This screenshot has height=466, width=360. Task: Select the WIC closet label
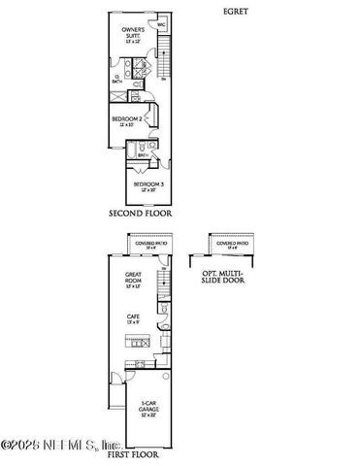pos(160,26)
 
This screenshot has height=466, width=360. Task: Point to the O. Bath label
pos(117,80)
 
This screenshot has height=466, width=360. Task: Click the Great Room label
pos(133,283)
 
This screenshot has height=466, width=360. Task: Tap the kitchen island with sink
pos(137,343)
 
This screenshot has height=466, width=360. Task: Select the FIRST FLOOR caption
pos(134,453)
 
